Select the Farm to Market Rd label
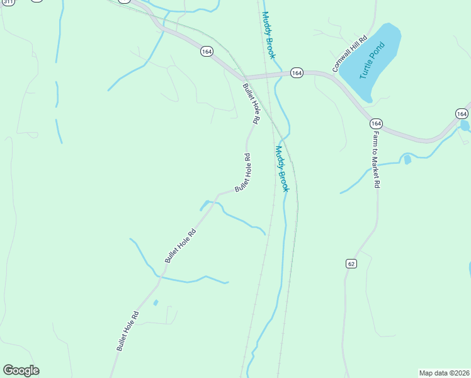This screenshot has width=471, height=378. click(x=376, y=160)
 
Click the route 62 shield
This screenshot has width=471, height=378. click(x=351, y=263)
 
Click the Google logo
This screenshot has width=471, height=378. click(x=21, y=370)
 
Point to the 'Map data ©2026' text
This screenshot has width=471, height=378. click(x=444, y=373)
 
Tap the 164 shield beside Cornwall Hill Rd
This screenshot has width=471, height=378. click(x=297, y=73)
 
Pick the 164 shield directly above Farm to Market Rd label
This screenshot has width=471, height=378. click(x=376, y=123)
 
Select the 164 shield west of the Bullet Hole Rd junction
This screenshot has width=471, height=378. click(x=207, y=51)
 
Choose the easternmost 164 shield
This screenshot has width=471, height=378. click(x=462, y=113)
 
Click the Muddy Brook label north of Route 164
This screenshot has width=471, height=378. click(x=269, y=35)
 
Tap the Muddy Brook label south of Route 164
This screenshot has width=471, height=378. click(x=281, y=168)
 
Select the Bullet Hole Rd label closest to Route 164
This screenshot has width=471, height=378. click(x=251, y=103)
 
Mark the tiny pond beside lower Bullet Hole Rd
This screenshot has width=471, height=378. click(x=156, y=302)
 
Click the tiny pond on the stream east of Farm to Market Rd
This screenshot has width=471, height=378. click(x=407, y=160)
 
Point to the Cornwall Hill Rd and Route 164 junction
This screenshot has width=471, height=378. click(x=335, y=74)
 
